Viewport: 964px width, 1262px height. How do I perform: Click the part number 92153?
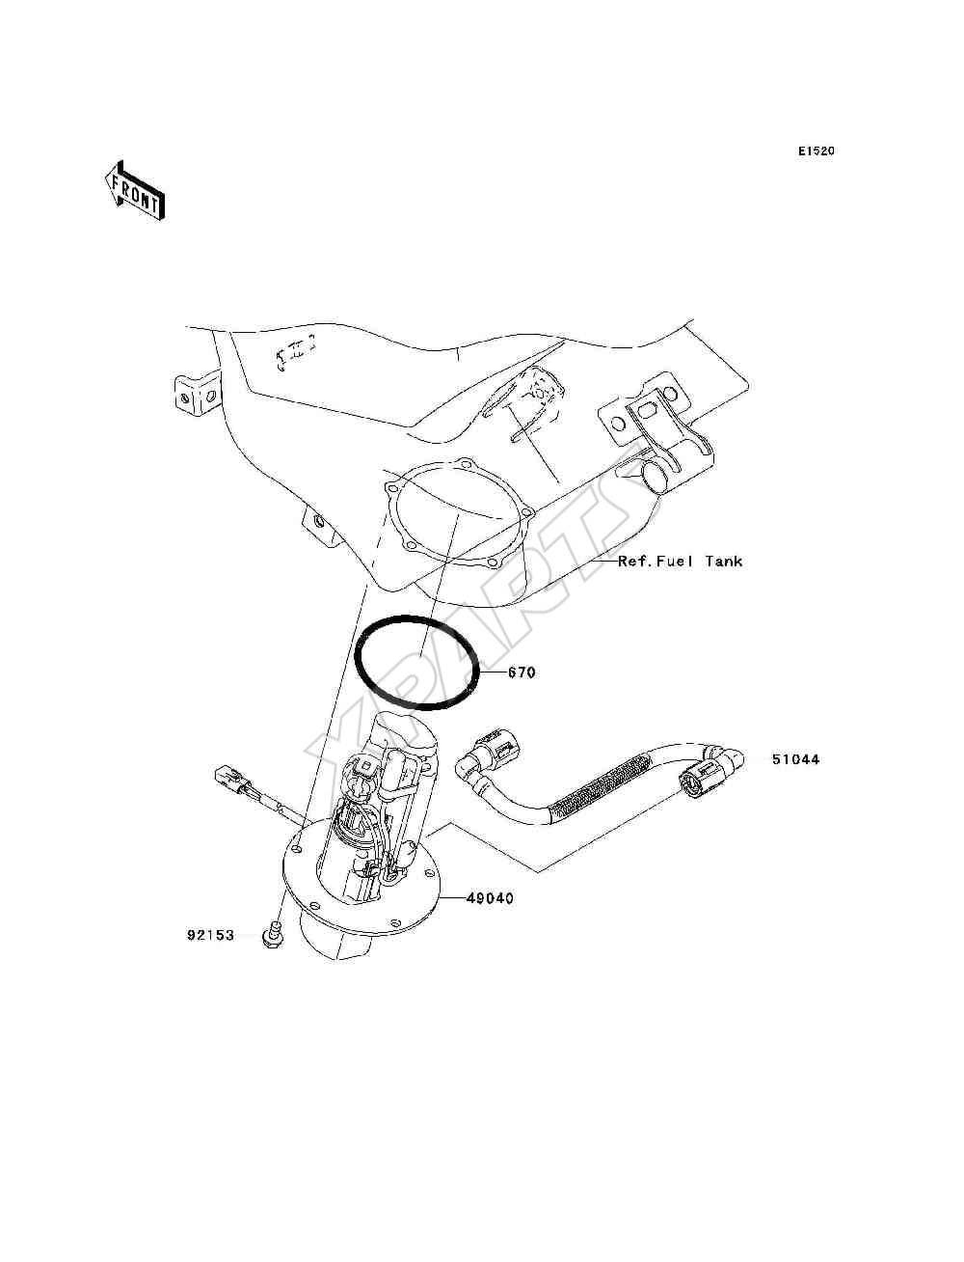[x=210, y=936]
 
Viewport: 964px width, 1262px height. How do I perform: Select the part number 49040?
[x=490, y=897]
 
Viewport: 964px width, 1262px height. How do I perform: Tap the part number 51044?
[x=795, y=759]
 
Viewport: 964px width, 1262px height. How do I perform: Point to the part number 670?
[x=522, y=672]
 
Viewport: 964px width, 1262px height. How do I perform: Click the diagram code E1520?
[x=816, y=151]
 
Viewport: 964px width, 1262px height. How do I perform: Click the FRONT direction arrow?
[x=135, y=191]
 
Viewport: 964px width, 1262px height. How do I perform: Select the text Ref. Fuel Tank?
[x=681, y=561]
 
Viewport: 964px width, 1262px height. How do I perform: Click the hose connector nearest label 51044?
[x=710, y=772]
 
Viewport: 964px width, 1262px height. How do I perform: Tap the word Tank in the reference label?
[x=724, y=561]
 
